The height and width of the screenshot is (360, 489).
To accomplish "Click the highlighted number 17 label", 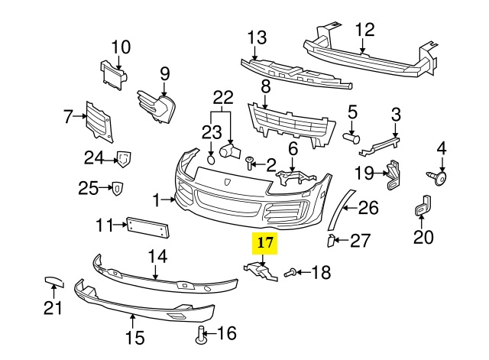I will [265, 245].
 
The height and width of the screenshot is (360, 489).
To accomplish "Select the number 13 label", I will [257, 37].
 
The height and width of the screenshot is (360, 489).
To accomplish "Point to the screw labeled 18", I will [290, 271].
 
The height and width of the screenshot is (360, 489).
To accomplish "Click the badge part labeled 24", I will [121, 159].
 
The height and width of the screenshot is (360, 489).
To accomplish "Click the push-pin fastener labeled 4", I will [441, 179].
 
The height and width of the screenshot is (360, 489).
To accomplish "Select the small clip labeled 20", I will [421, 207].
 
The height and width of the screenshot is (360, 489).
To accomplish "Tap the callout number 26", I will [368, 207].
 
